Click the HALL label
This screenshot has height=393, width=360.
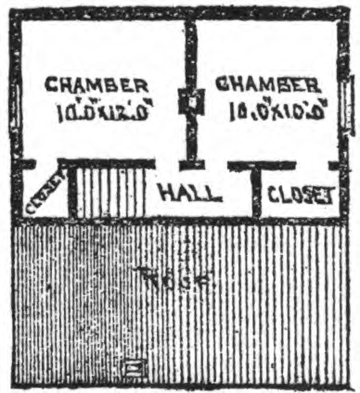[189, 194]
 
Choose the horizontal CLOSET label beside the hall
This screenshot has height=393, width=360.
[300, 195]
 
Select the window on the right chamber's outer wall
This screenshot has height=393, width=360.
[346, 97]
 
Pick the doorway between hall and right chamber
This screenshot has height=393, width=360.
[216, 165]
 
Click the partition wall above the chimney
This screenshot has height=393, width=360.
[191, 51]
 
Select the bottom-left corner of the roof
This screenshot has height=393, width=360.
[14, 384]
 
